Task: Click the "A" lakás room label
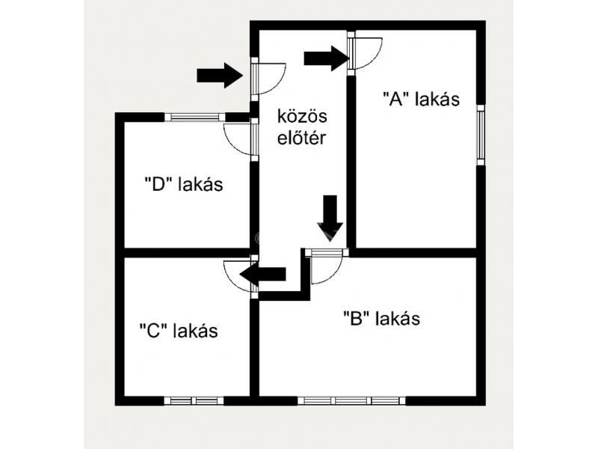click(420, 99)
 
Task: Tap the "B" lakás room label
click(381, 318)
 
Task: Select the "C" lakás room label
click(179, 330)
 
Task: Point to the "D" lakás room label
click(183, 184)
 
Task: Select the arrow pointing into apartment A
click(327, 58)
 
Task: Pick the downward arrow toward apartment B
click(330, 216)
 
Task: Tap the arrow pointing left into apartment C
click(262, 276)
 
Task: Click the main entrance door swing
click(268, 77)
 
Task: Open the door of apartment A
click(366, 52)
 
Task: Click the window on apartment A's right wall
click(481, 132)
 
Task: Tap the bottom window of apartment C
click(194, 400)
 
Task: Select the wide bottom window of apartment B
click(351, 400)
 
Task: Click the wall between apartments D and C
click(187, 252)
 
